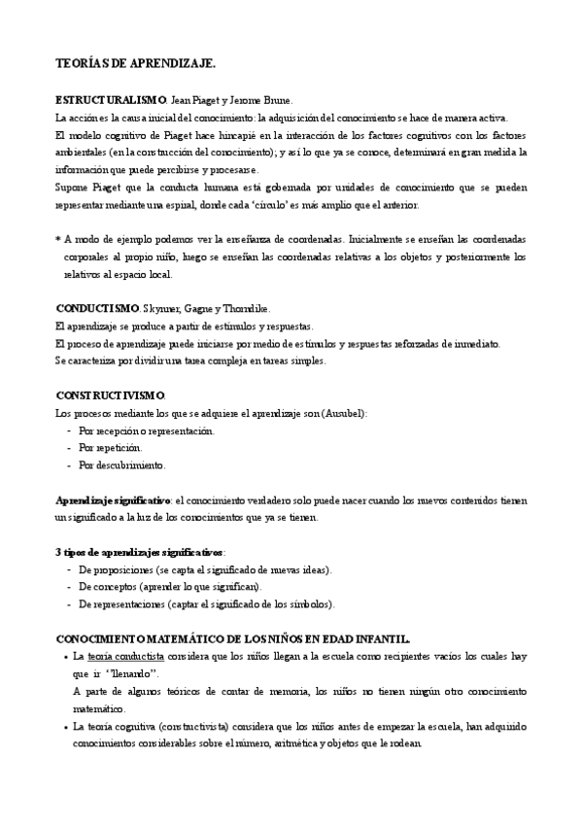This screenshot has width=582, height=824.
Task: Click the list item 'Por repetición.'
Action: (111, 448)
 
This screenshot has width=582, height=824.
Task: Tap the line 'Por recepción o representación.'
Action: (147, 430)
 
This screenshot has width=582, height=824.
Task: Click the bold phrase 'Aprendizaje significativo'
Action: (113, 500)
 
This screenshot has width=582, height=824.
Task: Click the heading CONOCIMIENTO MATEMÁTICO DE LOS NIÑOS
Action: (233, 638)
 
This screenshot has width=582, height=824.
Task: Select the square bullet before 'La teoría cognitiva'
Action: (63, 727)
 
